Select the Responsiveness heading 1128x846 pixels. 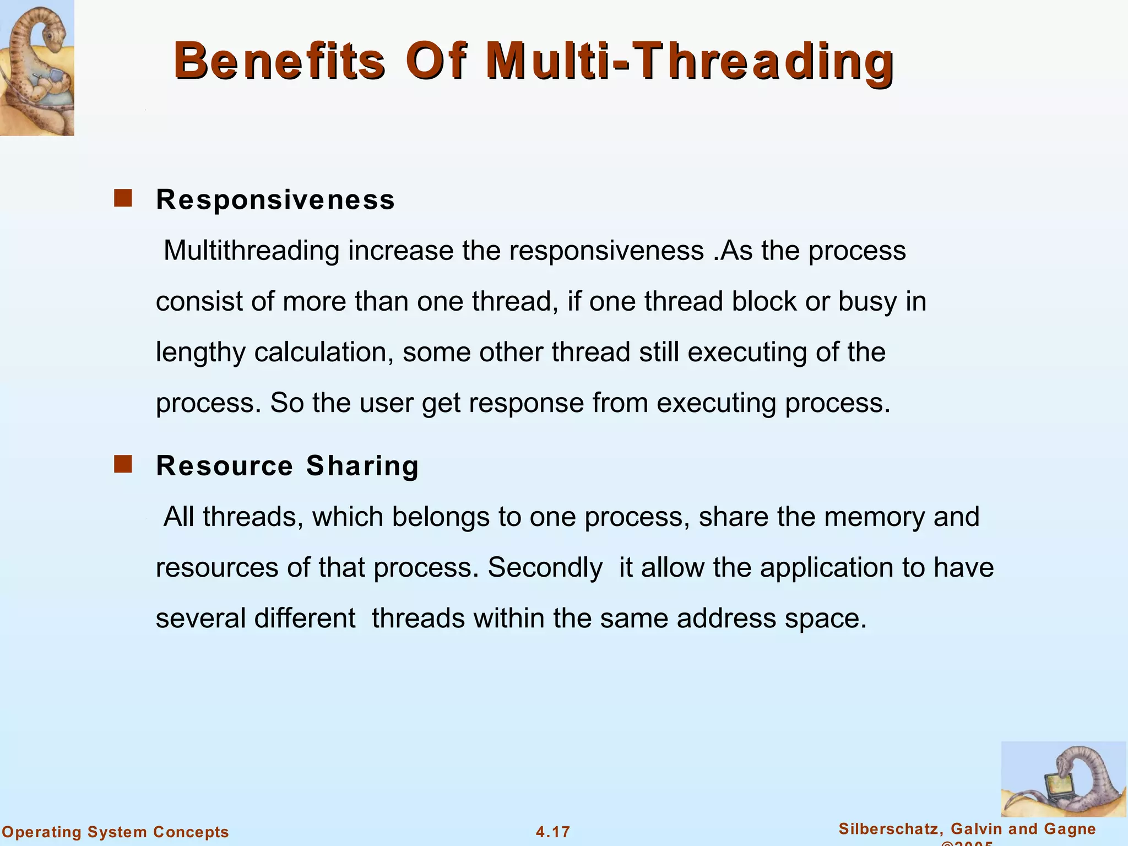[x=275, y=199]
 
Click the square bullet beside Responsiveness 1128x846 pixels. [x=123, y=198]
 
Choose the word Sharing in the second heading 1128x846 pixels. [x=362, y=465]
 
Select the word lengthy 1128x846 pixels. [x=200, y=353]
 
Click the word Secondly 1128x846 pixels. [x=545, y=568]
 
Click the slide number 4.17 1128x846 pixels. [x=553, y=832]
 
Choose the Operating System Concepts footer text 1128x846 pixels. [x=115, y=832]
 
